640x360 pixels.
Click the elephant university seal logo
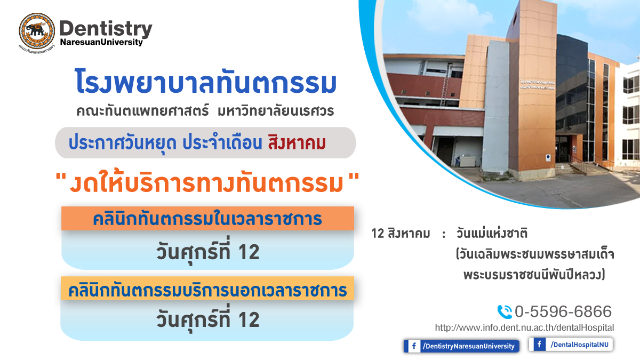[x=37, y=31]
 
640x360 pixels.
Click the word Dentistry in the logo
[x=106, y=29]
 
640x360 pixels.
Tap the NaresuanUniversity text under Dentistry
[x=101, y=42]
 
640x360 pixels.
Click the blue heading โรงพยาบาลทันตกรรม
[x=206, y=81]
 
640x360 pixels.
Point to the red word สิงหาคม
[x=297, y=143]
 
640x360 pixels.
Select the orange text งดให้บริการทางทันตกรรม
[x=207, y=183]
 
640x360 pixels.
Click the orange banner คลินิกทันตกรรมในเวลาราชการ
[x=207, y=219]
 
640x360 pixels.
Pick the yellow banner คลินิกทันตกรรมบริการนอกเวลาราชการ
[x=207, y=289]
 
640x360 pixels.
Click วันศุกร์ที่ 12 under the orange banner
[x=207, y=252]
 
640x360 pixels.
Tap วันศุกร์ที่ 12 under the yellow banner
[x=207, y=319]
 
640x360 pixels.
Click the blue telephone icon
[x=505, y=311]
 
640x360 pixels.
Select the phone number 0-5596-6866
[x=563, y=311]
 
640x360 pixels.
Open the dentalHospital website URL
[x=524, y=327]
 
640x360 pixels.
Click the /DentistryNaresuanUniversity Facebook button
[x=461, y=346]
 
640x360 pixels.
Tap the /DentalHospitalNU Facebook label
[x=580, y=345]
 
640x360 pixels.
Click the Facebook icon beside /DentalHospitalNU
[x=539, y=344]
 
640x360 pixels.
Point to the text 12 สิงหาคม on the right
[x=401, y=234]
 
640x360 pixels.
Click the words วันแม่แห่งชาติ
[x=491, y=233]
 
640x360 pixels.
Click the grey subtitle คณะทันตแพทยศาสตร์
[x=142, y=111]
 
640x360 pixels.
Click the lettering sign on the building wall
[x=537, y=85]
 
